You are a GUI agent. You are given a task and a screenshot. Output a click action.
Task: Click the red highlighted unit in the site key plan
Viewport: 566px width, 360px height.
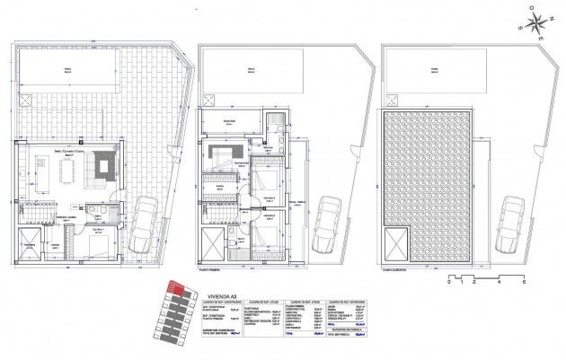tap(179, 289)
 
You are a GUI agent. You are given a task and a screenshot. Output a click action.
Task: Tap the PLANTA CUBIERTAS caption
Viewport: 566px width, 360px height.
tap(396, 267)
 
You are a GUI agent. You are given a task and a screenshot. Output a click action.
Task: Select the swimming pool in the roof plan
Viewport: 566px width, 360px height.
tap(433, 68)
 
